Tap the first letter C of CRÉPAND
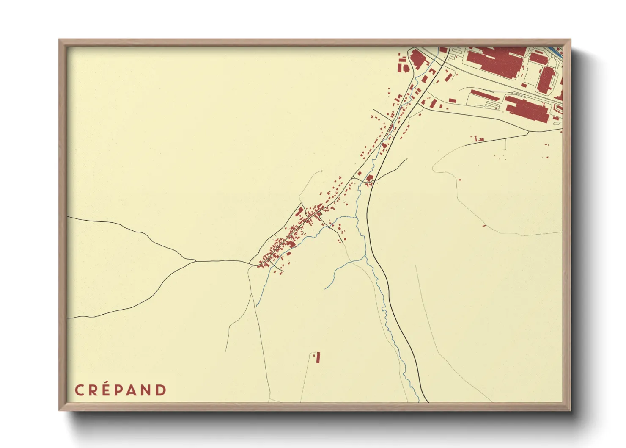pyautogui.click(x=79, y=390)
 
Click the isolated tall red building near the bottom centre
pyautogui.click(x=318, y=357)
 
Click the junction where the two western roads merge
pyautogui.click(x=195, y=261)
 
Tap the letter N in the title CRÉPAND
pyautogui.click(x=147, y=390)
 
